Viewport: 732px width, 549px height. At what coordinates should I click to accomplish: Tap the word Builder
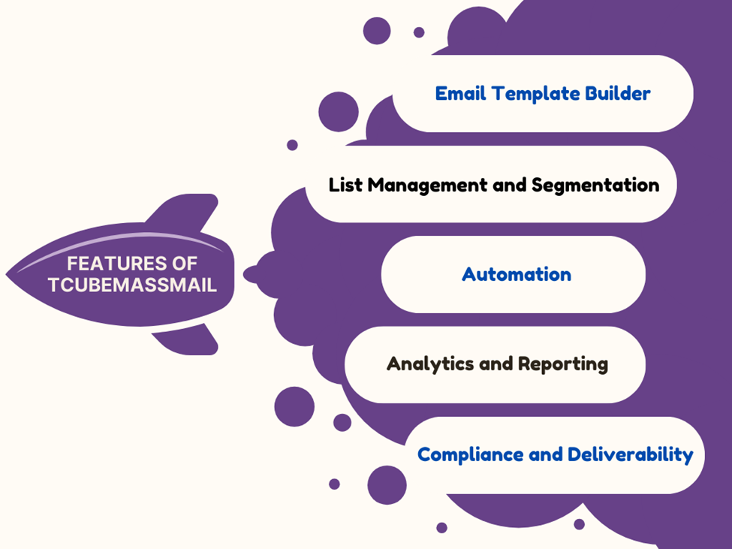[617, 93]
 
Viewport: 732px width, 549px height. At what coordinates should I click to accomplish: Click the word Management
[427, 186]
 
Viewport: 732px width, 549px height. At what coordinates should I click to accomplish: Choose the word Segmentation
[595, 186]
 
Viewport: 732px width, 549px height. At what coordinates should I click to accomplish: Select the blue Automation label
[517, 275]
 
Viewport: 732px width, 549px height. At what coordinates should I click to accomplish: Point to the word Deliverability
[630, 455]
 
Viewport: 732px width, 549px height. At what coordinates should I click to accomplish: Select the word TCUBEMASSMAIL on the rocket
[133, 285]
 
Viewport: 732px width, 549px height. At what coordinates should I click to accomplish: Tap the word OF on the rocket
[185, 264]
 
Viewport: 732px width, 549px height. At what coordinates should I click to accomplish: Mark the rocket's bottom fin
[187, 339]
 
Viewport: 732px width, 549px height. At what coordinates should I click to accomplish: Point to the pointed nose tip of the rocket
[6, 275]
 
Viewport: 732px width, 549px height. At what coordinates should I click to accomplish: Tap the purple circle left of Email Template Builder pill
[339, 112]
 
